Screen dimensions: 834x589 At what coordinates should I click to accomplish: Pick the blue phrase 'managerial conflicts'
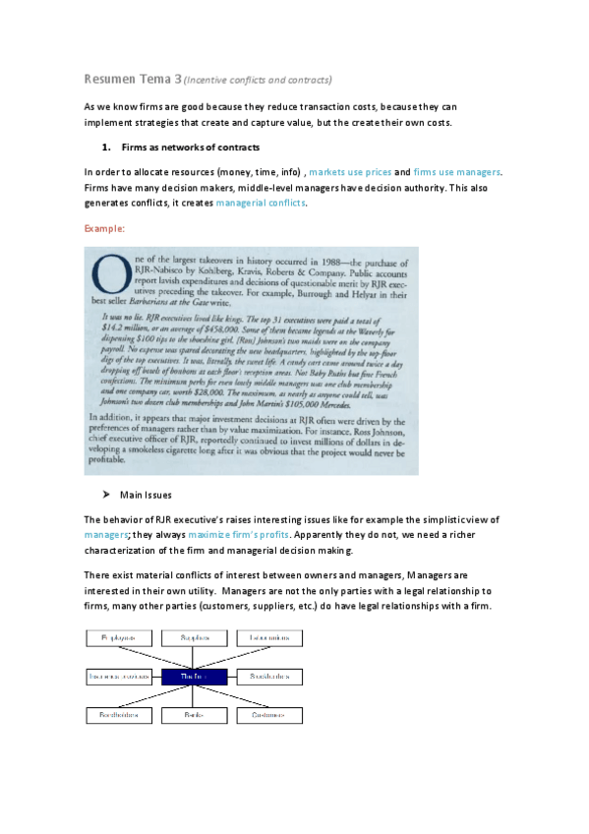click(261, 203)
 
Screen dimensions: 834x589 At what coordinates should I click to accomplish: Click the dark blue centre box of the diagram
click(192, 677)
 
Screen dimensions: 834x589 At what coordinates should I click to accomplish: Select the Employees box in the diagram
click(121, 639)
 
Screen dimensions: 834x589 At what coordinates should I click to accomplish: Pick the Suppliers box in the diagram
click(192, 639)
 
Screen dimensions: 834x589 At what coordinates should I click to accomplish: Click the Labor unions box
click(266, 639)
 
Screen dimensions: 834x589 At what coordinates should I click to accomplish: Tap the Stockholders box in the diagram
click(266, 677)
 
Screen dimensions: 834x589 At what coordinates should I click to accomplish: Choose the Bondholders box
click(121, 714)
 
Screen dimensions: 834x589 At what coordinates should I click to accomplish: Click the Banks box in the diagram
click(192, 714)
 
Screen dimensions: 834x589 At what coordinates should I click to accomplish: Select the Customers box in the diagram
click(266, 714)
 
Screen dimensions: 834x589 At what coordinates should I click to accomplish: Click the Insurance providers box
click(119, 677)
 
